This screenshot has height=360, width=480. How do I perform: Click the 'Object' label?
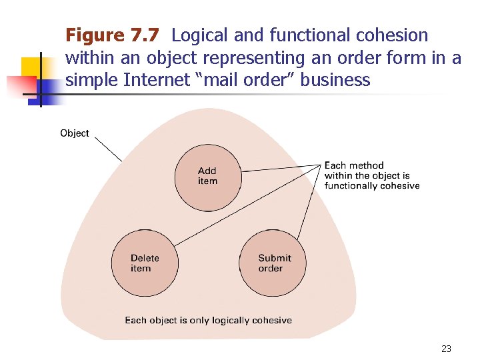(x=74, y=133)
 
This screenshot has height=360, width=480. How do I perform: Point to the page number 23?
(x=446, y=349)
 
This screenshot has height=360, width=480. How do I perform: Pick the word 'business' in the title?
(x=335, y=81)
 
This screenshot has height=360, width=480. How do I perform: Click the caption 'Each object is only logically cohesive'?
(x=208, y=320)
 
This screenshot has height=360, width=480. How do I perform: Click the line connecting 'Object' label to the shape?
(x=107, y=149)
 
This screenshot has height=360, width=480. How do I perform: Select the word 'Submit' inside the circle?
(x=275, y=258)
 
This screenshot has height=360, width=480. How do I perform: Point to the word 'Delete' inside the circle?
(x=145, y=258)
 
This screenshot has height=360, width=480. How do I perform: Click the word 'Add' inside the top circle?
(x=207, y=171)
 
